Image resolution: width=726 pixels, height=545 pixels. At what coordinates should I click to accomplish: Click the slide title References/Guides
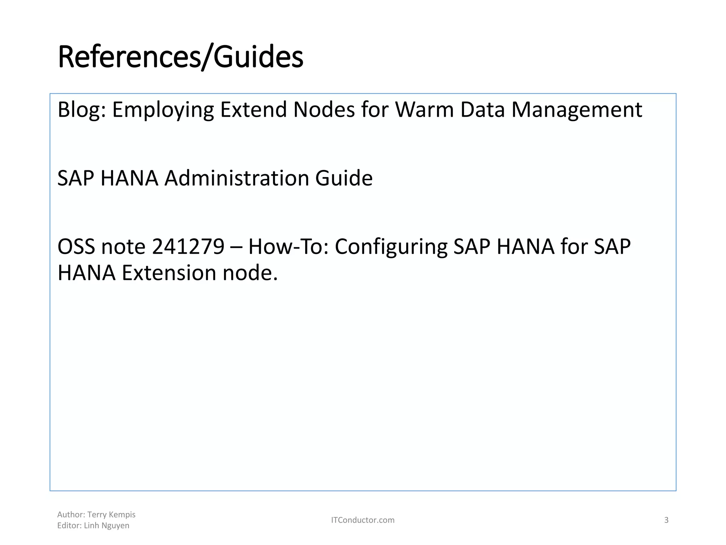tap(180, 57)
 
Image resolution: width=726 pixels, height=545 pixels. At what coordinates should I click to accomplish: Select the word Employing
tap(163, 110)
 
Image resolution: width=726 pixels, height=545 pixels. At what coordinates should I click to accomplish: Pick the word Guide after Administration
tap(344, 178)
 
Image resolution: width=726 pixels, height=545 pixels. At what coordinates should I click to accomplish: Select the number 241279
tap(188, 247)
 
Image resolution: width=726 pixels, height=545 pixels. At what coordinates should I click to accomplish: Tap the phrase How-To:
tap(289, 247)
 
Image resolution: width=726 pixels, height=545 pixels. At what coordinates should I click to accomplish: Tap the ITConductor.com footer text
tap(363, 520)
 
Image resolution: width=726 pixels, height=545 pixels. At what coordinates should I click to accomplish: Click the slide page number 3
tap(666, 520)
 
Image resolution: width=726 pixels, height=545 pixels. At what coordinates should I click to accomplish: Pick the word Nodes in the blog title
tap(324, 109)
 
